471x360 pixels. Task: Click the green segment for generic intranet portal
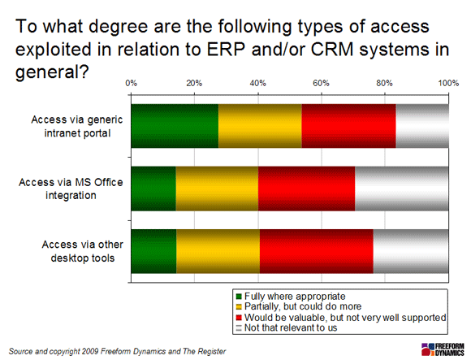point(175,126)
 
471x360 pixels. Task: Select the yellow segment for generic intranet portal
point(260,126)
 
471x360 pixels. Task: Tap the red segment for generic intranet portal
point(348,126)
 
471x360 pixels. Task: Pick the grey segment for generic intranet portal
point(422,126)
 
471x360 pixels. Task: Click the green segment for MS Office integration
point(153,189)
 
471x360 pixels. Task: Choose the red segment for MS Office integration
point(307,189)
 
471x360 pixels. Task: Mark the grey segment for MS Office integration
point(402,189)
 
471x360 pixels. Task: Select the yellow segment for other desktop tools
point(218,251)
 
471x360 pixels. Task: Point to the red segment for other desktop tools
point(317,251)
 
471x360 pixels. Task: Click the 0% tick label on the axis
point(132,83)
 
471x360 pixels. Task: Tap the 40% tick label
point(258,83)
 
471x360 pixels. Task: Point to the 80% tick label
point(384,83)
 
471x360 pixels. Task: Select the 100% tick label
point(448,83)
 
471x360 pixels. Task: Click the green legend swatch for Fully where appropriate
point(239,297)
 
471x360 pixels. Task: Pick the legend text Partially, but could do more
point(303,306)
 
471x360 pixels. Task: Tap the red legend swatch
point(239,318)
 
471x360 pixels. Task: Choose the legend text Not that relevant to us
point(291,327)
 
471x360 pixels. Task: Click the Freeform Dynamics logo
point(443,349)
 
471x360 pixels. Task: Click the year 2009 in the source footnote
point(90,351)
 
